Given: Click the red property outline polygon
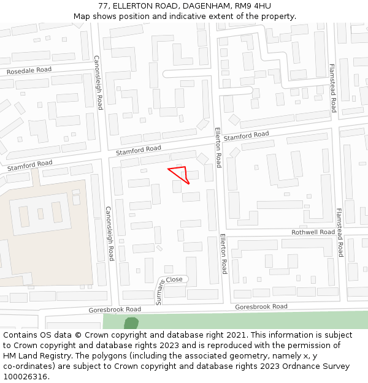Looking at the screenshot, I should pyautogui.click(x=181, y=173).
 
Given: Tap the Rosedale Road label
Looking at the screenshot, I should pyautogui.click(x=29, y=70).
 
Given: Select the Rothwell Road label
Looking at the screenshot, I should pyautogui.click(x=313, y=232).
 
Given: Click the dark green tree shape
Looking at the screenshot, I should pyautogui.click(x=131, y=324).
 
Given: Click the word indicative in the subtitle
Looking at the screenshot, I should pyautogui.click(x=201, y=16).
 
